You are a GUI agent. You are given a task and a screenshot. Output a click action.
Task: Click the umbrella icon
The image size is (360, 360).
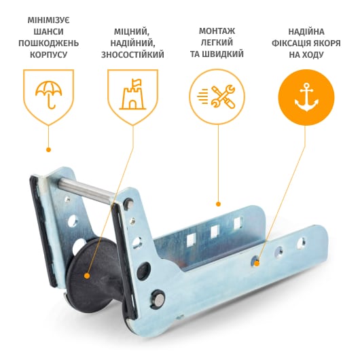click(x=48, y=94)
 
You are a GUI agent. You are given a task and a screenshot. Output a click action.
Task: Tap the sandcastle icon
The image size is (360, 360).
click(x=132, y=94)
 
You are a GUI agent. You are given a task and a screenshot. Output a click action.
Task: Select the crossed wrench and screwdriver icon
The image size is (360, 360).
click(x=217, y=96)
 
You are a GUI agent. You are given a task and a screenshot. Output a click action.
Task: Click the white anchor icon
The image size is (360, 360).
click(x=306, y=97)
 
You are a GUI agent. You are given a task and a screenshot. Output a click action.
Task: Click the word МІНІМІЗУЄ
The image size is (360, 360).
click(x=48, y=20)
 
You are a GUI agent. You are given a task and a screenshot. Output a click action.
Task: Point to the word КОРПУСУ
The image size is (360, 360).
click(x=48, y=54)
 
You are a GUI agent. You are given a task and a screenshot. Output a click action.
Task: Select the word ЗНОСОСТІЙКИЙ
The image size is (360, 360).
click(x=132, y=54)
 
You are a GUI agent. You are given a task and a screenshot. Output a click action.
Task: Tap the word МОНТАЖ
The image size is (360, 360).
click(x=217, y=31)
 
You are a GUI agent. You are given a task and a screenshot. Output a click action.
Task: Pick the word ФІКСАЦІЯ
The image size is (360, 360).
click(x=291, y=43)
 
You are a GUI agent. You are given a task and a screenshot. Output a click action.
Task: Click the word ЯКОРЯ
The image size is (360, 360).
click(x=327, y=43)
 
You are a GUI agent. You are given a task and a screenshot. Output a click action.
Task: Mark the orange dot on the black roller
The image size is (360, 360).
click(x=87, y=276)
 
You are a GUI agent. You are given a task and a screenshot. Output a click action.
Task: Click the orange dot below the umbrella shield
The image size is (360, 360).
click(x=48, y=149)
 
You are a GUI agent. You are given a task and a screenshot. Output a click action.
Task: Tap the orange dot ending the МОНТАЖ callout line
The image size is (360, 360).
click(x=218, y=204)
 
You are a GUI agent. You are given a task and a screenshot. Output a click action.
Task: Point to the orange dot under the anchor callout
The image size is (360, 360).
click(x=257, y=264)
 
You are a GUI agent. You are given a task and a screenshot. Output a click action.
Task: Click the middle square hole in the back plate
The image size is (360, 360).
click(x=215, y=231)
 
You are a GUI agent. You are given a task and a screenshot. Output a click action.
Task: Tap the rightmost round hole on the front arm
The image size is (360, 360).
click(x=302, y=243)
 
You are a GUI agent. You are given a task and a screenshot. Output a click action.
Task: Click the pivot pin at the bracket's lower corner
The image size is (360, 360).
click(x=158, y=298)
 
